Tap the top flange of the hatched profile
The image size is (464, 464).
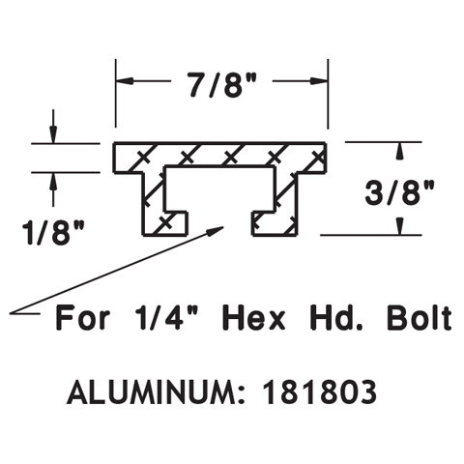pos(221,155)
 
